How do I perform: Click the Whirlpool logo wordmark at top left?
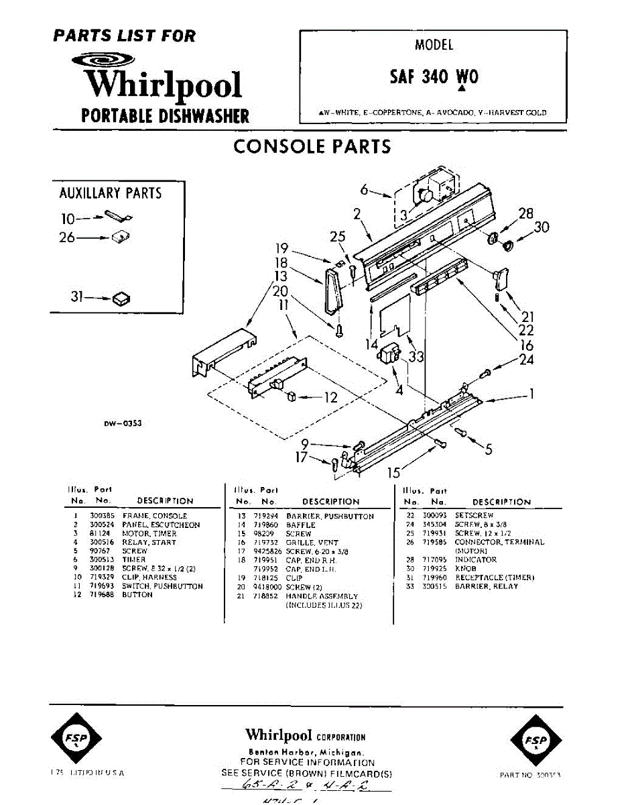(164, 83)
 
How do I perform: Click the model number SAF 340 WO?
(434, 76)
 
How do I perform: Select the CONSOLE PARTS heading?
(312, 146)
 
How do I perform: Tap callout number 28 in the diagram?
(525, 213)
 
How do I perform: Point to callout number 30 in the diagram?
(542, 227)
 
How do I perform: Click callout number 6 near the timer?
(364, 190)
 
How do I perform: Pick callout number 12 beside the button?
(330, 397)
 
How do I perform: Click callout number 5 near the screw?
(488, 449)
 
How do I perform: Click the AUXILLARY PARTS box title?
(111, 193)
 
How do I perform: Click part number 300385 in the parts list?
(99, 516)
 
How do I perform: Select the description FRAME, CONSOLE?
(154, 516)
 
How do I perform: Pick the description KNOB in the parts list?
(465, 568)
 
